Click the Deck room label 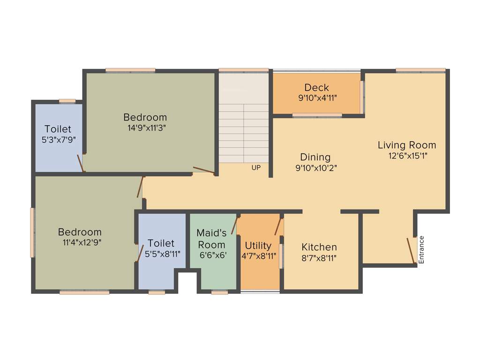pyautogui.click(x=316, y=88)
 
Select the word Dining pyautogui.click(x=315, y=157)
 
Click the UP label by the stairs pyautogui.click(x=255, y=167)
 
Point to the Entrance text pyautogui.click(x=421, y=249)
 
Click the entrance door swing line pyautogui.click(x=411, y=251)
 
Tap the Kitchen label pyautogui.click(x=319, y=247)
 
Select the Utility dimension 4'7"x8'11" pyautogui.click(x=258, y=256)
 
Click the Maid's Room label pyautogui.click(x=211, y=239)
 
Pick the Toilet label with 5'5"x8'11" pyautogui.click(x=161, y=243)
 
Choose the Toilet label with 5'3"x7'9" pyautogui.click(x=58, y=129)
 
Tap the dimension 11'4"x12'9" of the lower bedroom pyautogui.click(x=80, y=242)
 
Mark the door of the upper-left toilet pyautogui.click(x=81, y=163)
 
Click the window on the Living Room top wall pyautogui.click(x=420, y=70)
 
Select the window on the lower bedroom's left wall pyautogui.click(x=32, y=232)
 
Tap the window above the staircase pyautogui.click(x=243, y=70)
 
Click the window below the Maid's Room pyautogui.click(x=219, y=292)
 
